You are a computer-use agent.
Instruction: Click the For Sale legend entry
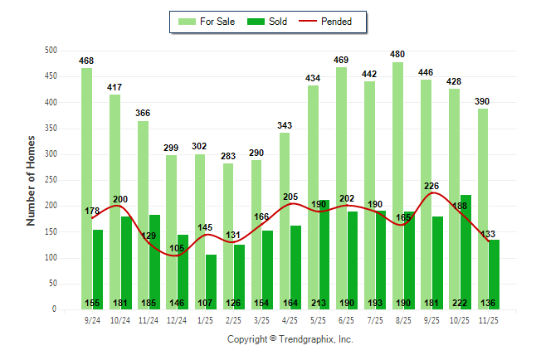210,22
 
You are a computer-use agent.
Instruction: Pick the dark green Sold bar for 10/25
465,249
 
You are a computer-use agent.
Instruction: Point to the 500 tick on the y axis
51,51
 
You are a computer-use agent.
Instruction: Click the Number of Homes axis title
31,180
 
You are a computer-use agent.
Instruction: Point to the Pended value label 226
431,186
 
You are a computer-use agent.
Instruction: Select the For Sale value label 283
228,155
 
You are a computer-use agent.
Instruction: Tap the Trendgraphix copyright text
290,339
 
